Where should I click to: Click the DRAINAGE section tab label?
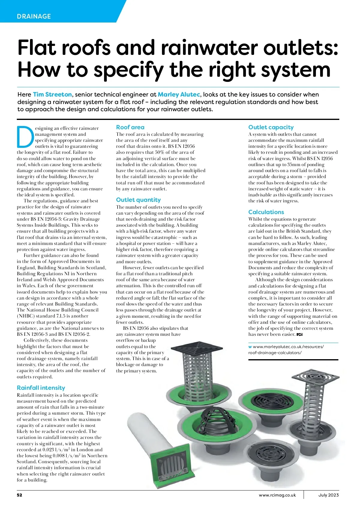coord(34,16)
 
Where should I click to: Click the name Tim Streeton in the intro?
coord(52,94)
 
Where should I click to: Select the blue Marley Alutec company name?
coord(179,94)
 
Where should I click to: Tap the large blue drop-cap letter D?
coord(25,137)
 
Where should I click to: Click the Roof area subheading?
coord(130,127)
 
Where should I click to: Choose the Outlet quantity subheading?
coord(138,200)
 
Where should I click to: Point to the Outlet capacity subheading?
coord(271,127)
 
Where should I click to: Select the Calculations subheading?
coord(266,212)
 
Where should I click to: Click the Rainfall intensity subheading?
coord(41,388)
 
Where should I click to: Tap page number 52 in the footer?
coord(19,495)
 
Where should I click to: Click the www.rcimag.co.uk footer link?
coord(277,495)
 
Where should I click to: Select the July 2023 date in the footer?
coord(328,495)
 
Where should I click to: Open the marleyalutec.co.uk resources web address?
coord(286,350)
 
